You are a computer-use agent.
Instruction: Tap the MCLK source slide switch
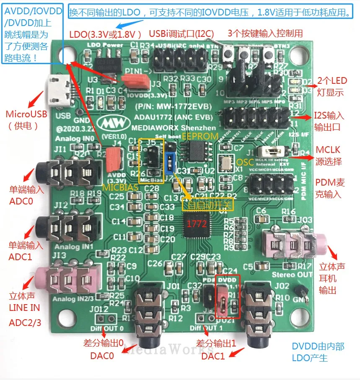(x=273, y=152)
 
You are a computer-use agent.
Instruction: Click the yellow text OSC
(x=245, y=162)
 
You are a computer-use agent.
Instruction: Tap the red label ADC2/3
(x=25, y=323)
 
